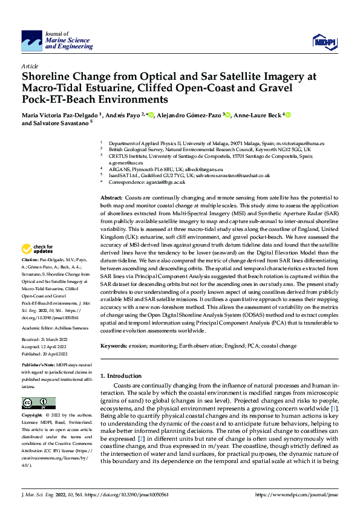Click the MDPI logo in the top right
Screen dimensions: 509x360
[324, 41]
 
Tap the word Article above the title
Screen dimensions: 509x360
[30, 66]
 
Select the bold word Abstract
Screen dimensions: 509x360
[112, 198]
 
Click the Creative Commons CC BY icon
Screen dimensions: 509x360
[38, 403]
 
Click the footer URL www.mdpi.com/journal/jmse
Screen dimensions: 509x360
[292, 494]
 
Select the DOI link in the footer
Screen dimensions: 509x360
[132, 494]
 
